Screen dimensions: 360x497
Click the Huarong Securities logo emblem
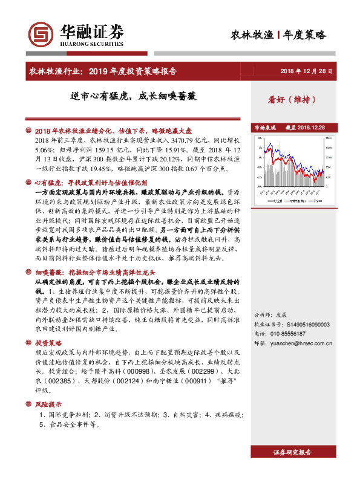tap(42, 34)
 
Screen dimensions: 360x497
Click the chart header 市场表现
tap(265, 128)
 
